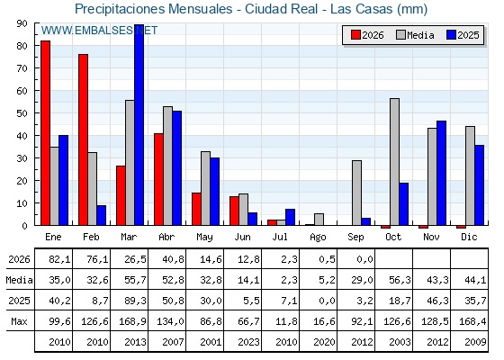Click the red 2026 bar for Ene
(x=45, y=133)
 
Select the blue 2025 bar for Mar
(x=139, y=125)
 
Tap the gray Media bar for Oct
(x=394, y=162)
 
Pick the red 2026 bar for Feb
(x=83, y=139)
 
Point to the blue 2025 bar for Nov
(x=441, y=173)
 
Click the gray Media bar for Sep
(x=356, y=193)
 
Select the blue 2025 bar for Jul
(x=290, y=217)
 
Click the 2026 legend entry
(x=367, y=35)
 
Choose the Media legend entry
(x=415, y=35)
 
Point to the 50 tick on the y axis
(x=37, y=113)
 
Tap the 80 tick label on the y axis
(x=22, y=46)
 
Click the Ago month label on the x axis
(x=318, y=238)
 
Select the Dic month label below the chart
(x=469, y=237)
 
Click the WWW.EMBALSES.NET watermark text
(x=99, y=31)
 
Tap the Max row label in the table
(x=19, y=321)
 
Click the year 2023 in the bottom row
(x=248, y=342)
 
